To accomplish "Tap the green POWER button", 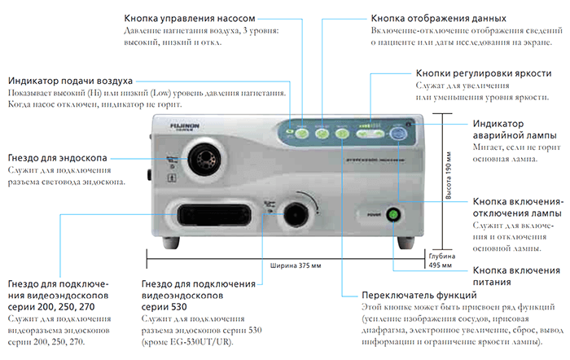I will (x=394, y=192).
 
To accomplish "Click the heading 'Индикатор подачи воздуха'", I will (x=71, y=81).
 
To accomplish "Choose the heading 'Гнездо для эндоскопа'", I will (x=57, y=156).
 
